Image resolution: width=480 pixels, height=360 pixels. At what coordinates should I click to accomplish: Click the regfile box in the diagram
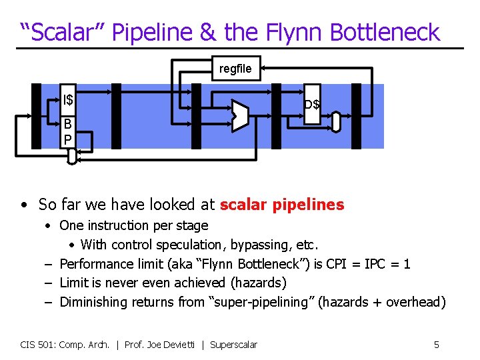coord(236,69)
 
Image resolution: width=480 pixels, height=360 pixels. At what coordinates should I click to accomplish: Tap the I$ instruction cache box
coord(69,101)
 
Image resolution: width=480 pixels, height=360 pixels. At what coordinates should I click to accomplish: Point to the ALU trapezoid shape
coord(240,115)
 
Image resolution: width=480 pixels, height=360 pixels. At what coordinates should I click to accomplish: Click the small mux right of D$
coord(336,121)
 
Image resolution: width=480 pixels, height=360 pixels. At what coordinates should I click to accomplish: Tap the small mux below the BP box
coord(72,156)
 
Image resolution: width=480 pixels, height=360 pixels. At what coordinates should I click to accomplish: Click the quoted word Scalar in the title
coord(61,31)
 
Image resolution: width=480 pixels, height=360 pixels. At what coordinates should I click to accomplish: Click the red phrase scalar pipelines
coord(282,205)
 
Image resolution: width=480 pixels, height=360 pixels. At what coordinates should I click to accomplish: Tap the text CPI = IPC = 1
coord(371,264)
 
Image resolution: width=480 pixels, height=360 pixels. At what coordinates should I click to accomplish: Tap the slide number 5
coord(437,345)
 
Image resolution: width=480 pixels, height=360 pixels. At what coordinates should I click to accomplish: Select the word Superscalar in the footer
coord(233,345)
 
